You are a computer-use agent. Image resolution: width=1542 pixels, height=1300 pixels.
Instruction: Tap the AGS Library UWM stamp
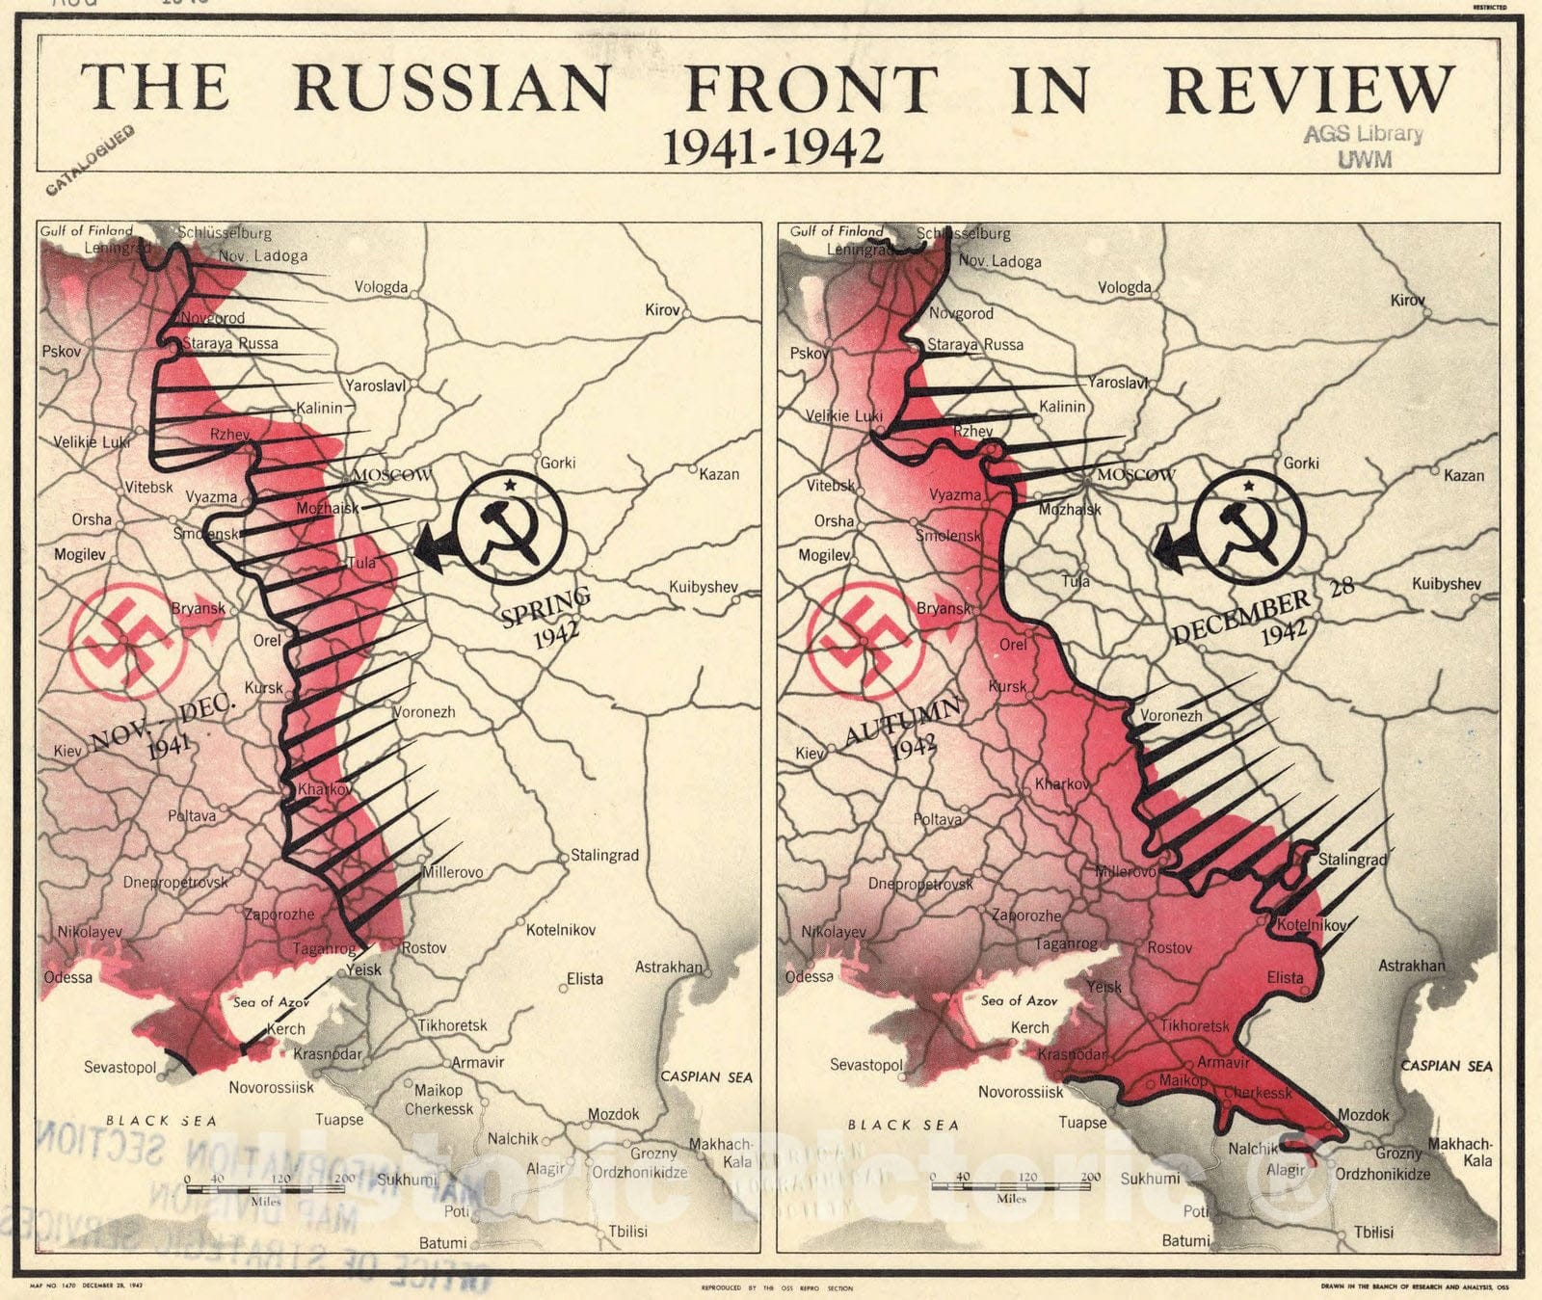[x=1363, y=146]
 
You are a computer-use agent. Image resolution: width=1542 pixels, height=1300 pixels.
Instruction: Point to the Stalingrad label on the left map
[x=604, y=855]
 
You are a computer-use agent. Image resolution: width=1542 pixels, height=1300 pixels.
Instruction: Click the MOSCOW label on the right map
[x=1135, y=474]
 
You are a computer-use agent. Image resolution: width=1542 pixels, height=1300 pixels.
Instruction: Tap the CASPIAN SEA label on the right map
[x=1446, y=1066]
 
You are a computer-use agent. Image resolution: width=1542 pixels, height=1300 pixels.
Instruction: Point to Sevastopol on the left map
[x=120, y=1068]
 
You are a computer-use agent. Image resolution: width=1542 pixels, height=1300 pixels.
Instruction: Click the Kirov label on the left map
[x=662, y=309]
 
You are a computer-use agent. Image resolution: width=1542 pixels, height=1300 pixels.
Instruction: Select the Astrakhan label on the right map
[x=1411, y=966]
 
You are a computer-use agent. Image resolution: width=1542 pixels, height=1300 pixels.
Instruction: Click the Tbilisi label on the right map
[x=1373, y=1233]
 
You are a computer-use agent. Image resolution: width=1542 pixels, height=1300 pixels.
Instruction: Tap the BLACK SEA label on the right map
[x=903, y=1125]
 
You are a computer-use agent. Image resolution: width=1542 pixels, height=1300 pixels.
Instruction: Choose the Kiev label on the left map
[x=66, y=751]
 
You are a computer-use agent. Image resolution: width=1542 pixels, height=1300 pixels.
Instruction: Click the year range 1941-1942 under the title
[x=772, y=147]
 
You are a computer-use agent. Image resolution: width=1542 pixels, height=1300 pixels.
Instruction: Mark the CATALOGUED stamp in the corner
[x=91, y=160]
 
